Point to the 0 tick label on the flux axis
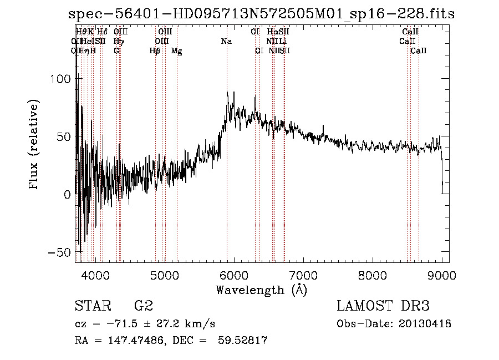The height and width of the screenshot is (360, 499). pos(67,194)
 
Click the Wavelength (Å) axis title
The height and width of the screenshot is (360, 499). pos(261,290)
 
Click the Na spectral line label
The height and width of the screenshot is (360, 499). pos(226,41)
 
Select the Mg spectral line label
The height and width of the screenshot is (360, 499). pos(176,51)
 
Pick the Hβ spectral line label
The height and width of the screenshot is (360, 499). pos(155,51)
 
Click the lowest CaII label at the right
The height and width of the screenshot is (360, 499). pos(419,51)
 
